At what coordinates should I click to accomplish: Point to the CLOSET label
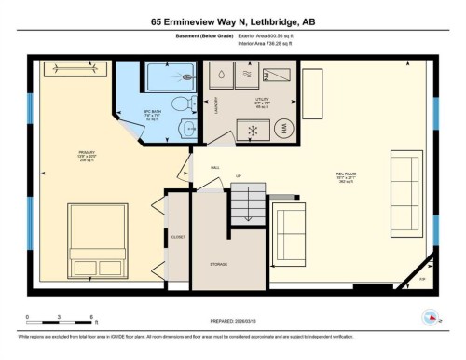coord(178,237)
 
